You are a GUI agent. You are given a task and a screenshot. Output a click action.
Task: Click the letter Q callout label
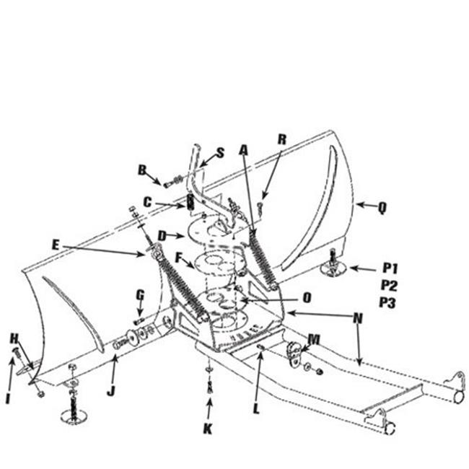[382, 207]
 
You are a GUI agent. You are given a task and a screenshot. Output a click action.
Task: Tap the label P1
[390, 268]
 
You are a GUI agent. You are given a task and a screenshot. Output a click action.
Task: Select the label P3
[387, 302]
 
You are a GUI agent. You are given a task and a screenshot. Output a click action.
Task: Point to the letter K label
[208, 429]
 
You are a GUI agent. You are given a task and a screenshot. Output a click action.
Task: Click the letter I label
[8, 398]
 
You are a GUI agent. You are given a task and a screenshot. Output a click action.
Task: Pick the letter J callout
[111, 391]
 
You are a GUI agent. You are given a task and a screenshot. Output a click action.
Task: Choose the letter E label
[56, 245]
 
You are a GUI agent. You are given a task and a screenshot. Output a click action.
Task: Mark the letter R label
[282, 139]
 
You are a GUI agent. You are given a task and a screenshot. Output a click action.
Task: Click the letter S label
[221, 153]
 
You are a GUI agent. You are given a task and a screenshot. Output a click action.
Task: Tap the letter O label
[307, 297]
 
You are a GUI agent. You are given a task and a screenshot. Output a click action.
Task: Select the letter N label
[358, 318]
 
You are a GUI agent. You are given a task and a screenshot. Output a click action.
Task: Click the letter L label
[256, 408]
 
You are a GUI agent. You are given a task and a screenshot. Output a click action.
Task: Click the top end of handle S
[196, 146]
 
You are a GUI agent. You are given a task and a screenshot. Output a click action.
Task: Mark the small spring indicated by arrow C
[190, 201]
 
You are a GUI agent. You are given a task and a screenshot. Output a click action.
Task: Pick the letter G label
[140, 295]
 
